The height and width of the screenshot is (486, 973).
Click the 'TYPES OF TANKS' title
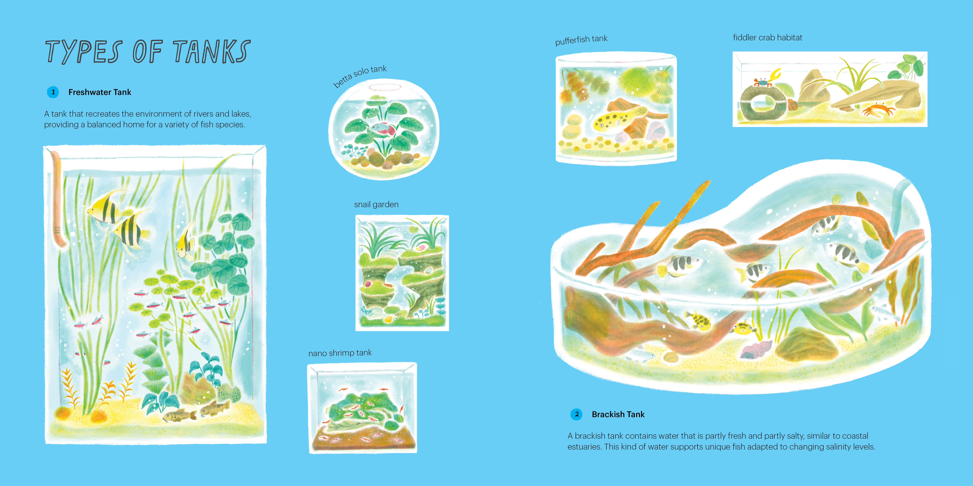point(148,52)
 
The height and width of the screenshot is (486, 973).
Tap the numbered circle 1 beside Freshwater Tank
point(53,92)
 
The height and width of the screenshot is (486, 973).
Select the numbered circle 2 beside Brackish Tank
point(576,414)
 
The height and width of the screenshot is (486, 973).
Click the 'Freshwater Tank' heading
point(100,92)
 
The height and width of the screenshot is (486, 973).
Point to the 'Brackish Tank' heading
point(618,414)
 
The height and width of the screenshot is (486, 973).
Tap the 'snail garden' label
point(376,204)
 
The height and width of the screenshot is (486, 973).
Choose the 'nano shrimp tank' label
point(340,353)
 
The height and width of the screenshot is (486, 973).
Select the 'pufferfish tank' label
point(581,40)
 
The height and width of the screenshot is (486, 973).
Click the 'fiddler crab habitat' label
point(768,38)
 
